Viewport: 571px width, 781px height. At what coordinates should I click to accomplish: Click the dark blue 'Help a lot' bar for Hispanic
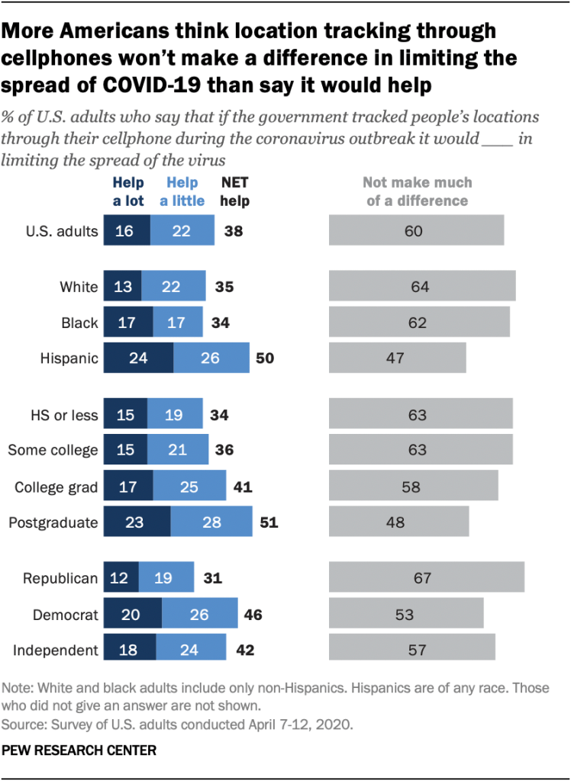[138, 358]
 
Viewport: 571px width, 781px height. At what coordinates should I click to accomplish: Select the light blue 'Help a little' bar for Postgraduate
[211, 522]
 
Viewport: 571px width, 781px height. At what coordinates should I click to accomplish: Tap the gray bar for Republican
[426, 578]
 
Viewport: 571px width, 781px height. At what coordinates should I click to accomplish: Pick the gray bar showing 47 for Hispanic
[397, 358]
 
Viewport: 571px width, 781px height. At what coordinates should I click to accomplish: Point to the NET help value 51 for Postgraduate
[269, 522]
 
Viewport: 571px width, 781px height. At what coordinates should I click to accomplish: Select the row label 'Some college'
[53, 450]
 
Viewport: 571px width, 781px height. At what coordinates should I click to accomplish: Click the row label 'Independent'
[55, 651]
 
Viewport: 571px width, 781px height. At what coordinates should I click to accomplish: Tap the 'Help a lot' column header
[128, 191]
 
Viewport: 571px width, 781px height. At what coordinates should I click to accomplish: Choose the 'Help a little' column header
[182, 191]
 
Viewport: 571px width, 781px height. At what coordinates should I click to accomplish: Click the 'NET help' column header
[235, 191]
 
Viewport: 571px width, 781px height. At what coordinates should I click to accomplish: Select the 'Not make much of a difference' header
[417, 191]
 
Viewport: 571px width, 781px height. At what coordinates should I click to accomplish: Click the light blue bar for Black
[177, 323]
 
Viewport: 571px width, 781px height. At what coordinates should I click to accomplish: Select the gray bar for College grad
[413, 486]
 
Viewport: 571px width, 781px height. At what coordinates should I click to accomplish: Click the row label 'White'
[79, 288]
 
